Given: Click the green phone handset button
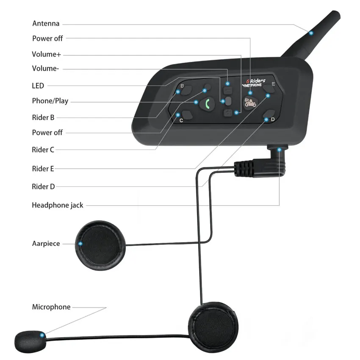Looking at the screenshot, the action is point(206,104).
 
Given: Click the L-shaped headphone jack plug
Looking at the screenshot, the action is point(263,166).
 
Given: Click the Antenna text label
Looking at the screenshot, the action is point(46,23).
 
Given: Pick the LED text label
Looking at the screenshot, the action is point(38,86).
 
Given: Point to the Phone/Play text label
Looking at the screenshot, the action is point(50,101).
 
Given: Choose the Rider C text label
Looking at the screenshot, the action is point(43,149).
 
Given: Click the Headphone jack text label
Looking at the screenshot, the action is point(58,205).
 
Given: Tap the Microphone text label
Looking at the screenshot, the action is point(51,307).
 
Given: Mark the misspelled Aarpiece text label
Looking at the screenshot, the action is point(46,244).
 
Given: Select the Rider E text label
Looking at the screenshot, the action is point(43,169).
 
